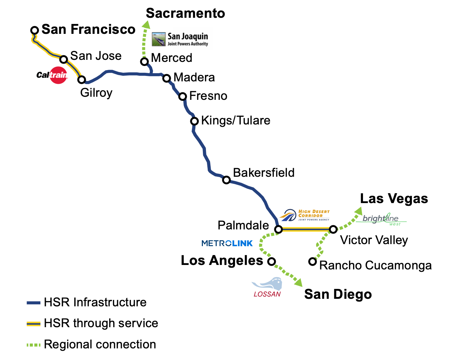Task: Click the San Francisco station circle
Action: coord(34,30)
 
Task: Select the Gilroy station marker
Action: coord(81,80)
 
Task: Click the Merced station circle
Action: coord(144,62)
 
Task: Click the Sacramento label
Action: coord(185,13)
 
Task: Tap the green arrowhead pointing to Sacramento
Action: coord(146,25)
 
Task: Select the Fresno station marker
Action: coord(183,96)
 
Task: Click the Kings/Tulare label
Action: coord(235,120)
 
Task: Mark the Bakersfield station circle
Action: coord(226,180)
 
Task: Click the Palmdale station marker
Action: coord(278,229)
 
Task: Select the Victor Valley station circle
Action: coord(333,229)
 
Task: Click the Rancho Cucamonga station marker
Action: coord(312,262)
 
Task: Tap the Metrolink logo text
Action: coord(227,243)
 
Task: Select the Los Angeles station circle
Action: coord(271,262)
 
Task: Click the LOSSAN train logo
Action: coord(267,288)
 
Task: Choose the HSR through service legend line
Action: coord(34,323)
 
